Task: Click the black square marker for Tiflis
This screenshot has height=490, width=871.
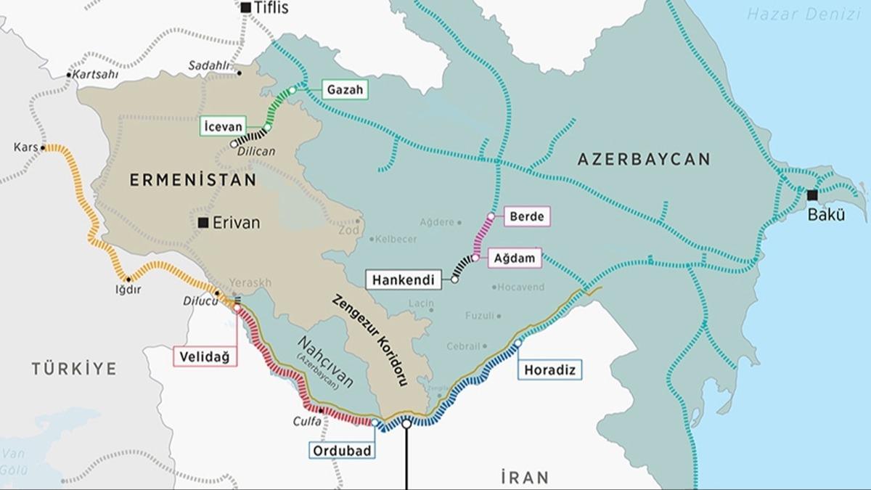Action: [x=246, y=8]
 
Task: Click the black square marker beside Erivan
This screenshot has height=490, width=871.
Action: [x=203, y=223]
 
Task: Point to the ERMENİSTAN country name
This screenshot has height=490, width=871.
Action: [x=193, y=179]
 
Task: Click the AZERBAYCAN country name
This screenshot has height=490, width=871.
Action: [x=644, y=160]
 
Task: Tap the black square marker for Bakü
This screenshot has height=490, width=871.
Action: [x=811, y=195]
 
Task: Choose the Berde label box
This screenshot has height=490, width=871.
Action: [x=526, y=216]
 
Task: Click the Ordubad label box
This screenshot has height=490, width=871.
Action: [x=343, y=450]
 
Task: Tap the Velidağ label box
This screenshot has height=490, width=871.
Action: [x=205, y=356]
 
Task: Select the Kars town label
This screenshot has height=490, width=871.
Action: [x=25, y=147]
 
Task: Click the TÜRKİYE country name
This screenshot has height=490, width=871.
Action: [x=73, y=369]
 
